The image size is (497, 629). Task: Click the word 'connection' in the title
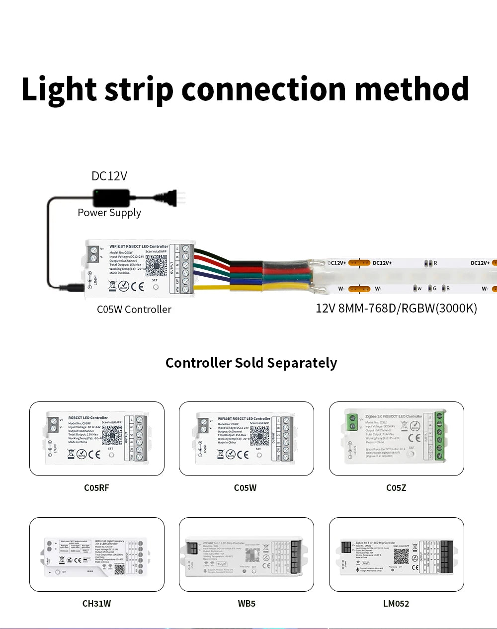pos(263,89)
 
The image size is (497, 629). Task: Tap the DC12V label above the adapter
pos(109,176)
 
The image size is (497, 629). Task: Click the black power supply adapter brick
pos(111,197)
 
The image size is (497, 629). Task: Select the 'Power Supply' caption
pos(109,213)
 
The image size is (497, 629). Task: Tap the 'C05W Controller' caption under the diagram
pos(134,310)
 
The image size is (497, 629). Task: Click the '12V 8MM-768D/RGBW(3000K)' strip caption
pos(396,309)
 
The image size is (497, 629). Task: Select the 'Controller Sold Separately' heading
pos(251,363)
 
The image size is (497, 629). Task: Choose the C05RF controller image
pos(97,439)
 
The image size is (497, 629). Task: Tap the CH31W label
pos(96,604)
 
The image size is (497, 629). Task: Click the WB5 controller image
pos(247,555)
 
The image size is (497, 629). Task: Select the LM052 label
pos(396,604)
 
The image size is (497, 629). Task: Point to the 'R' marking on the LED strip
pos(435,263)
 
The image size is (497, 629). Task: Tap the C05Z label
pos(396,488)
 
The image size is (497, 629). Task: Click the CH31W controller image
pos(97,555)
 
